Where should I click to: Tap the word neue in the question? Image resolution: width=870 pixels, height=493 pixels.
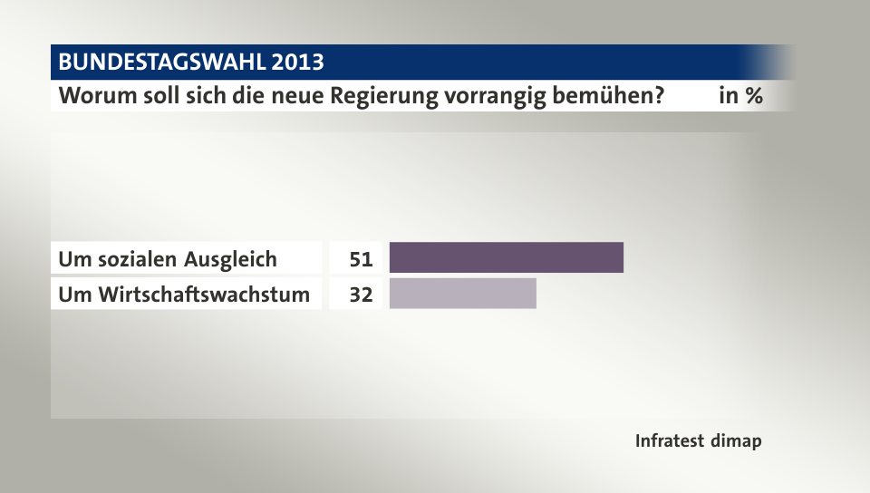click(312, 95)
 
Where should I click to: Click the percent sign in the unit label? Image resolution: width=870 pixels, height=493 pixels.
click(752, 95)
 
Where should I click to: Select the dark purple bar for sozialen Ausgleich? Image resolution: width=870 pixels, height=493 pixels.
click(506, 258)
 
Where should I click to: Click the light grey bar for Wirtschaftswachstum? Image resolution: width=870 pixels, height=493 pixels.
click(462, 294)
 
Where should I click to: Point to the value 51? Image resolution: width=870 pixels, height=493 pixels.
click(361, 259)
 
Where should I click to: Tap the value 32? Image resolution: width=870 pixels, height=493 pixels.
click(361, 295)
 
